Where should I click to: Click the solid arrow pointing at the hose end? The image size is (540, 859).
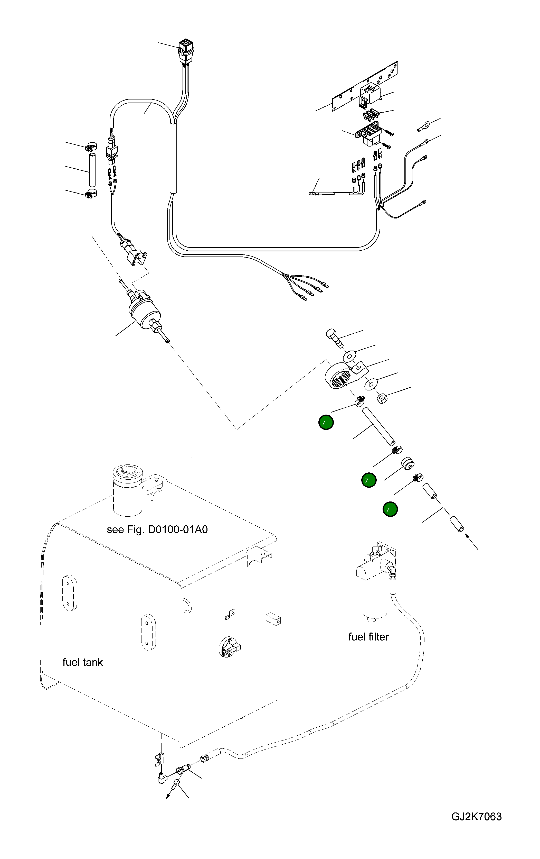point(472,544)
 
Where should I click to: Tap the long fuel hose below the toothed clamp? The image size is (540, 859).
point(378,427)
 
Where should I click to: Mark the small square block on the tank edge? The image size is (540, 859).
point(273,620)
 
